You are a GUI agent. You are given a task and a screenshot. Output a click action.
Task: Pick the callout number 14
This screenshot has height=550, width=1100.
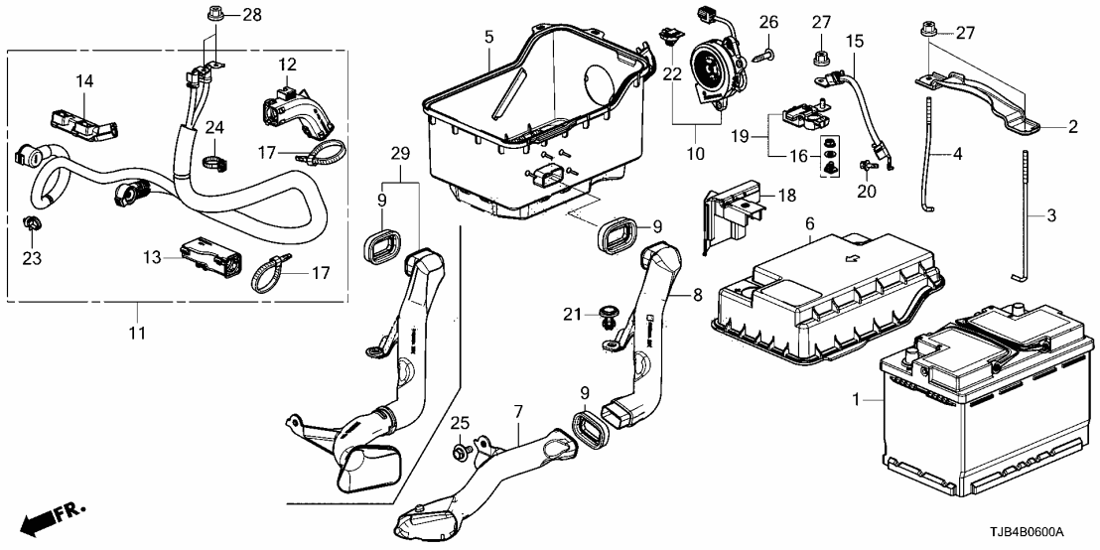84,80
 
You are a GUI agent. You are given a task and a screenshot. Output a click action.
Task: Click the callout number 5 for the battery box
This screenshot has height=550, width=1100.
488,37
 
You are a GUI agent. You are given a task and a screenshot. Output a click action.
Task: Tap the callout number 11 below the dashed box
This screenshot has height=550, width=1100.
137,333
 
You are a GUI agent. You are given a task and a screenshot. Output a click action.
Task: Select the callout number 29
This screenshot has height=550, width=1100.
400,155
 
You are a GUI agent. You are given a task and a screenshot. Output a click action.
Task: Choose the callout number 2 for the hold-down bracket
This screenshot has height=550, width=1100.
1073,126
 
